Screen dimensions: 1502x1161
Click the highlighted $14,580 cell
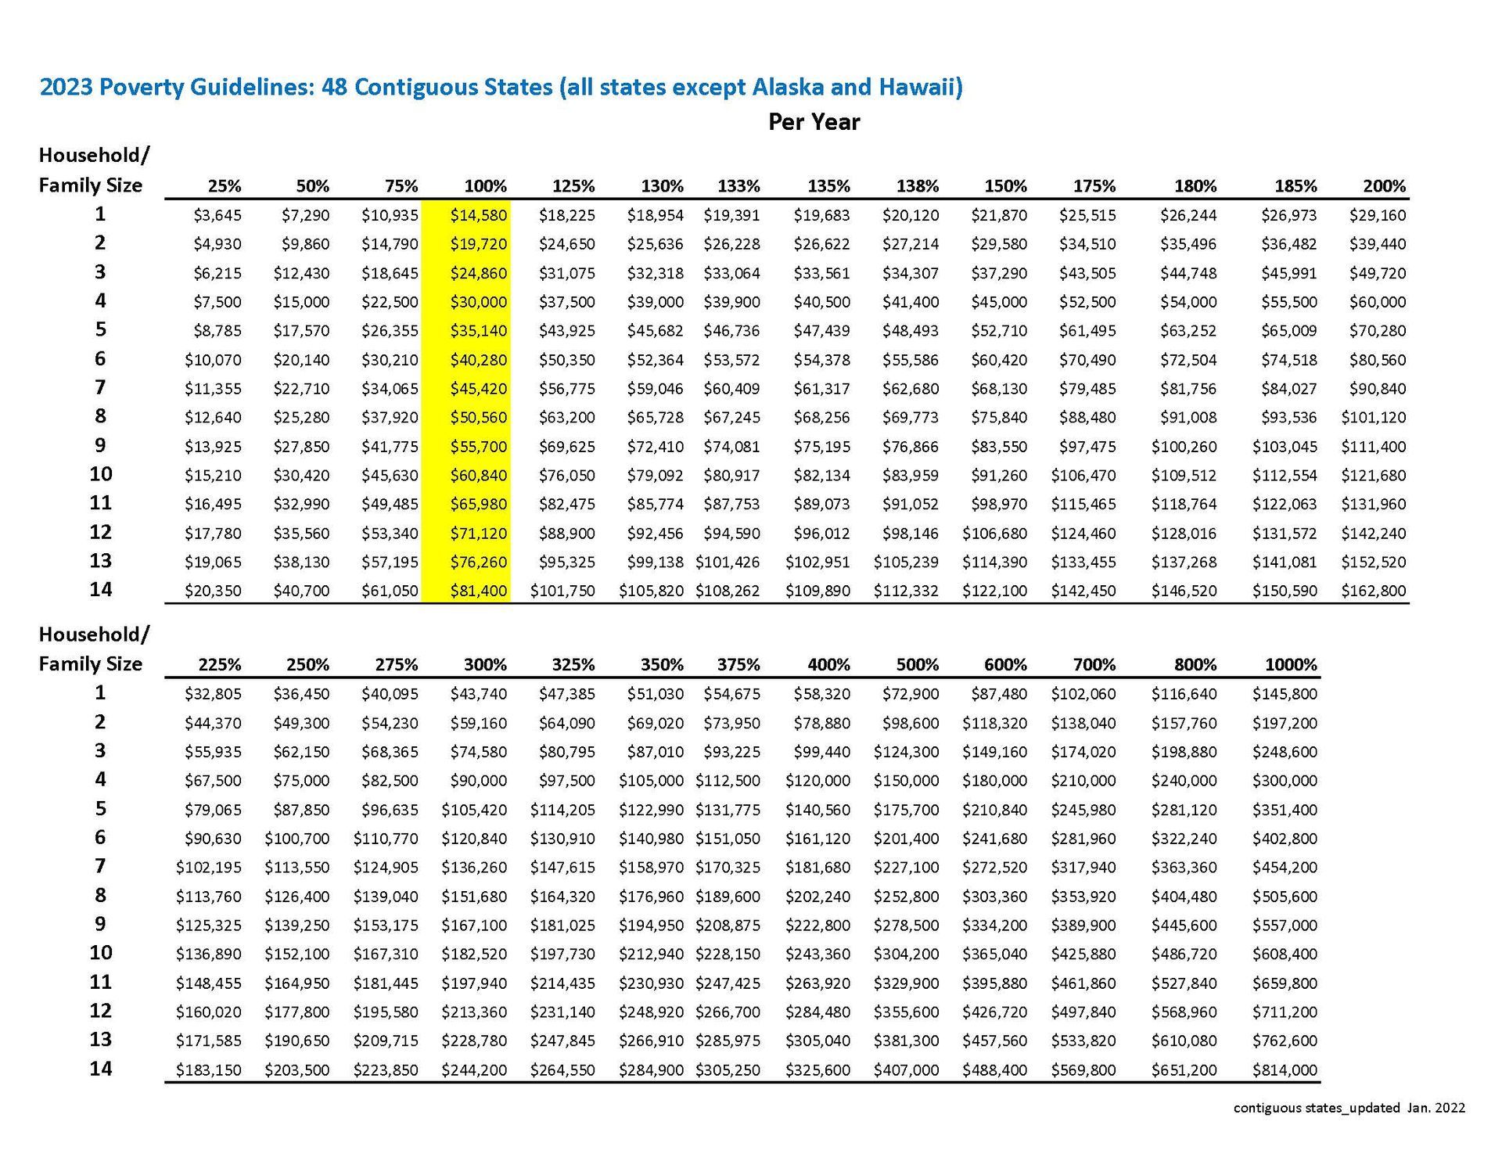tap(479, 215)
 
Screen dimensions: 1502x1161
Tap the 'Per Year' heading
tap(814, 122)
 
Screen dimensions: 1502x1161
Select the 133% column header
tap(738, 186)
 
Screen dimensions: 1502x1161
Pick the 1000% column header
tap(1291, 665)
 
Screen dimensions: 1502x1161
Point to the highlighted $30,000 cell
tap(479, 302)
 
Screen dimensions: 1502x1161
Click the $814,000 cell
tap(1285, 1069)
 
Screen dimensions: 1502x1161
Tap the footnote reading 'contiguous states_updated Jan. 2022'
tap(1349, 1108)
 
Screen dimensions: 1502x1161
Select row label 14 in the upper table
tap(100, 589)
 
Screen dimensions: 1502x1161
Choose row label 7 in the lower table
tap(100, 866)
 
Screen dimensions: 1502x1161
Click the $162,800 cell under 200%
tap(1374, 591)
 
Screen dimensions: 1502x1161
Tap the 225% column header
tap(219, 665)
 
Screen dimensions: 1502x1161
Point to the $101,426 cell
tap(728, 562)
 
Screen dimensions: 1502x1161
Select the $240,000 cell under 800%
tap(1184, 780)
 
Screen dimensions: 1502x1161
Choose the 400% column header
tap(828, 665)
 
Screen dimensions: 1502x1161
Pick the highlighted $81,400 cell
tap(479, 591)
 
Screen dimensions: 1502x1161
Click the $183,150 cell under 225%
tap(209, 1069)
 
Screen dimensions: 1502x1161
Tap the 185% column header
tap(1295, 186)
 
